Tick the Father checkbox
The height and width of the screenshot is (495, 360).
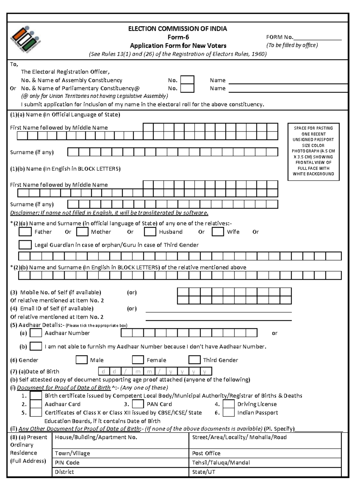point(25,232)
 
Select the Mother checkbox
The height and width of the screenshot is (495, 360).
point(82,232)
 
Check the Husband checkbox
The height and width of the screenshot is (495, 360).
point(150,232)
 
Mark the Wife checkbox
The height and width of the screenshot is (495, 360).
point(218,232)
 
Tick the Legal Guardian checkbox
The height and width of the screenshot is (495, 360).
point(25,245)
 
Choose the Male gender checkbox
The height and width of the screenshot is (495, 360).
point(81,360)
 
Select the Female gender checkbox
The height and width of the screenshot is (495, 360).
point(138,360)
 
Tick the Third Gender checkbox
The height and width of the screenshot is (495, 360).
point(194,360)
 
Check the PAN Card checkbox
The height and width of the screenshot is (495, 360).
point(138,404)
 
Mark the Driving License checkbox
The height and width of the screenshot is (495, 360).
point(229,404)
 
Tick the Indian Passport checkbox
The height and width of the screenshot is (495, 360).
point(229,412)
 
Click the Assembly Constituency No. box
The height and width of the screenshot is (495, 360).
point(187,80)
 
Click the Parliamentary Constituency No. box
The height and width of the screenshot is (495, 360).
point(187,88)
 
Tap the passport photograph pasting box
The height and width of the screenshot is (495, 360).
point(313,151)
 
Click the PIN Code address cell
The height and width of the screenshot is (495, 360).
point(120,463)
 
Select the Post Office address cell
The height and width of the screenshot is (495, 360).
point(265,453)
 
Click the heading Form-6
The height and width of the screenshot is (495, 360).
point(178,37)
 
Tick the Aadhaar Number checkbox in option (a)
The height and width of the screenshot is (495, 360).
point(36,333)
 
